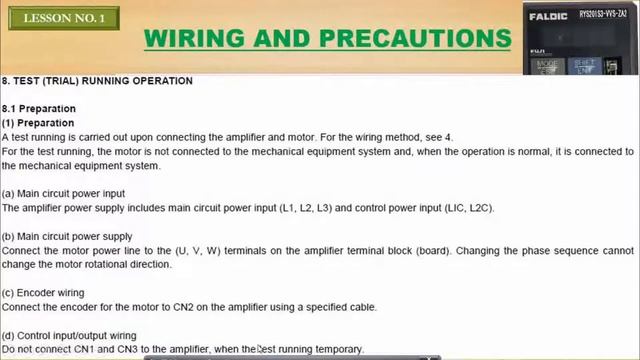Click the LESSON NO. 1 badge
pyautogui.click(x=64, y=19)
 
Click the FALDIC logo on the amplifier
pyautogui.click(x=549, y=17)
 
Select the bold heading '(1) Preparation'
pyautogui.click(x=38, y=123)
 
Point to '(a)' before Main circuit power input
pyautogui.click(x=8, y=193)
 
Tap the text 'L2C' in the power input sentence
pyautogui.click(x=478, y=208)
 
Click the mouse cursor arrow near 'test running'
pyautogui.click(x=260, y=350)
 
